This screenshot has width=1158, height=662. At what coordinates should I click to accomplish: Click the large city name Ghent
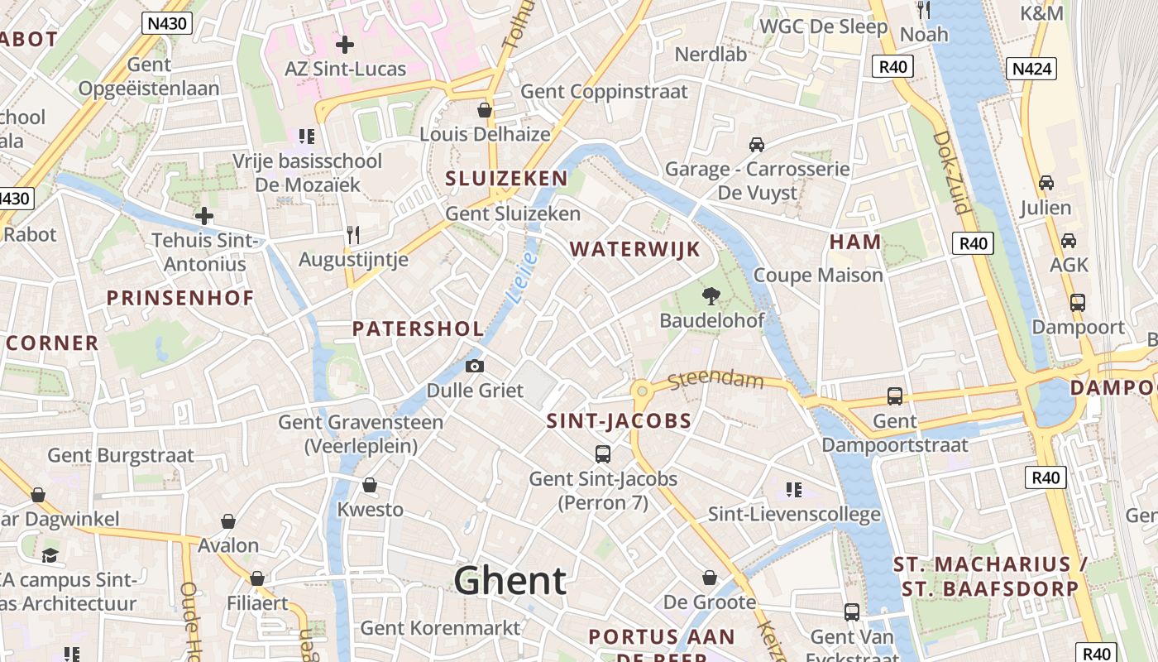tap(510, 581)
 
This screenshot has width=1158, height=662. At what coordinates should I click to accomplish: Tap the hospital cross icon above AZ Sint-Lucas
tap(345, 44)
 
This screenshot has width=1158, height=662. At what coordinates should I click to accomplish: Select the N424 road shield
tap(1031, 68)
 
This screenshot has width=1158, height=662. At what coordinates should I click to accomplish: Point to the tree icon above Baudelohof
tap(711, 295)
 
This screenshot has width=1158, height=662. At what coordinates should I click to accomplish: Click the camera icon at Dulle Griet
tap(475, 366)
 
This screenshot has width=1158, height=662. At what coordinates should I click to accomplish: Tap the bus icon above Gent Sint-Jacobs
tap(603, 453)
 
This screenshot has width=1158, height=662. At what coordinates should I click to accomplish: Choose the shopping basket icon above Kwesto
tap(370, 485)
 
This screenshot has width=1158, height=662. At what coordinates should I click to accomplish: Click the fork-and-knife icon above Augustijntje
tap(353, 235)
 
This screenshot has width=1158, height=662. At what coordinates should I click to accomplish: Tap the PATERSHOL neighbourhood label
tap(418, 329)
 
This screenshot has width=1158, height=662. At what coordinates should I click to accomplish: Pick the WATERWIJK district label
tap(634, 249)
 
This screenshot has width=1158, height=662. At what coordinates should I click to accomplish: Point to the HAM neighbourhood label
tap(855, 242)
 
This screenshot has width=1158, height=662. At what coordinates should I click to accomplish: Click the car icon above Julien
tap(1046, 183)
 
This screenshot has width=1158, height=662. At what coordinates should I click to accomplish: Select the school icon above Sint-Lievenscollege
tap(794, 490)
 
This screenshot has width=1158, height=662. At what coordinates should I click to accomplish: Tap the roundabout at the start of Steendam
tap(641, 390)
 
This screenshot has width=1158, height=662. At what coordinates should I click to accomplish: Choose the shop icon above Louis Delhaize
tap(485, 110)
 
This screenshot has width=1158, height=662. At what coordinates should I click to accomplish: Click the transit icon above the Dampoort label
tap(1077, 303)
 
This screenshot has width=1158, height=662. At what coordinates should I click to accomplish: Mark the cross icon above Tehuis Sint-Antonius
tap(204, 217)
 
